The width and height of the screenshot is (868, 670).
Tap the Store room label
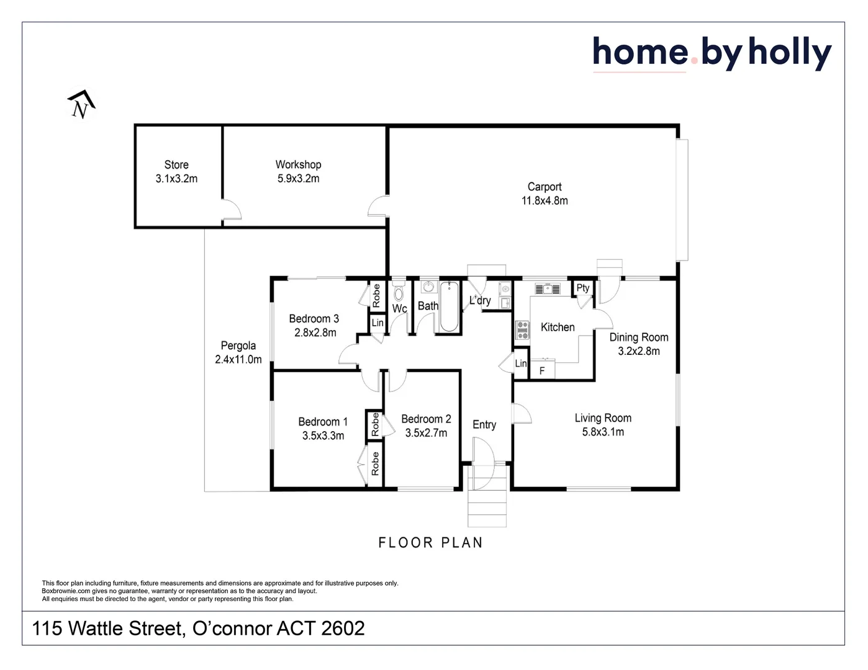(x=176, y=165)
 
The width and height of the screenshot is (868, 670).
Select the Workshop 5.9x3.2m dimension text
(x=299, y=179)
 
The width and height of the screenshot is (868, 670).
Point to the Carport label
(x=545, y=187)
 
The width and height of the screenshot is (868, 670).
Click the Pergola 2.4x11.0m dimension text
(x=238, y=360)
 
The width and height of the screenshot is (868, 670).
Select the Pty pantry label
(x=583, y=288)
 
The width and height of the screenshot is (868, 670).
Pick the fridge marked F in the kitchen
(x=542, y=369)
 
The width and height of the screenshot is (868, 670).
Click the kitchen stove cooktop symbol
(x=522, y=331)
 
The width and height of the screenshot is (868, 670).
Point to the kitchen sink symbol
(x=547, y=288)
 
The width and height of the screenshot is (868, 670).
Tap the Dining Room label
(x=639, y=337)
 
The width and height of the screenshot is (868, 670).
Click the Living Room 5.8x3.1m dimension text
(x=603, y=432)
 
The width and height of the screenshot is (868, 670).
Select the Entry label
(x=484, y=424)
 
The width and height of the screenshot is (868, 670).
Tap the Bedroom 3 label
(x=314, y=319)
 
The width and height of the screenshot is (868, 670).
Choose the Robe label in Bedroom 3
(x=376, y=296)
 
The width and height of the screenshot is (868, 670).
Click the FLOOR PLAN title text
(x=431, y=543)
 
